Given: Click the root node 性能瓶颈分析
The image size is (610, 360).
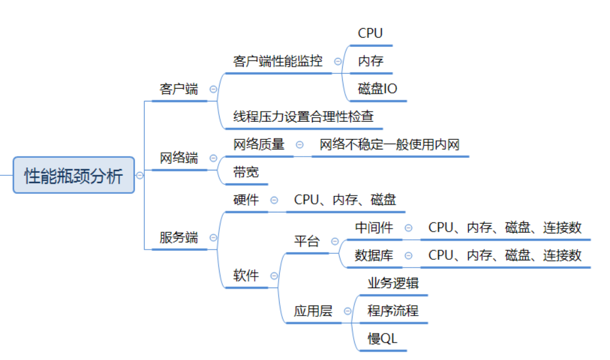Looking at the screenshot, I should click(73, 175).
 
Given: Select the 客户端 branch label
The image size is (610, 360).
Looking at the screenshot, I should click(178, 89).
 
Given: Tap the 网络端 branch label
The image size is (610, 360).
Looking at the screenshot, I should click(178, 158).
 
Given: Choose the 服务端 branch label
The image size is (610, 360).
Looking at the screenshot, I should click(178, 238).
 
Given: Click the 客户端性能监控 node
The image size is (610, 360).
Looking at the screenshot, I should click(278, 61).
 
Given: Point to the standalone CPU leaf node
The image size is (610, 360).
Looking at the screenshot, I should click(370, 34).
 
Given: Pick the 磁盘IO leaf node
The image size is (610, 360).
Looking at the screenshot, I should click(378, 89).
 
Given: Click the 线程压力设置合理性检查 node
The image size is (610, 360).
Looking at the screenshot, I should click(303, 116).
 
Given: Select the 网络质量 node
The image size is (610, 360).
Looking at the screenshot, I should click(259, 145).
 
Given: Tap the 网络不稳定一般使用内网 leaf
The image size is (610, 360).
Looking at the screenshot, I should click(390, 145).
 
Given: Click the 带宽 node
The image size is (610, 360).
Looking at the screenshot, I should click(246, 172).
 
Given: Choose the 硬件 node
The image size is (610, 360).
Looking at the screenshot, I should click(246, 200).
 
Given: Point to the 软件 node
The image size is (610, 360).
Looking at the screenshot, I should click(246, 275).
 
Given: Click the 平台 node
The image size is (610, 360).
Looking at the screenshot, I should click(307, 242).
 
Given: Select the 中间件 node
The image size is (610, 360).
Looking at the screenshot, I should click(374, 227).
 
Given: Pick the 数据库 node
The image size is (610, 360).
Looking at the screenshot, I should click(374, 255).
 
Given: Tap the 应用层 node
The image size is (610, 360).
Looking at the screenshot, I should click(313, 311).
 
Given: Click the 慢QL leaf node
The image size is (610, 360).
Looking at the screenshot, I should click(382, 338).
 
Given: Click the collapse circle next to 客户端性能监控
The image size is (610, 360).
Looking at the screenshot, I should click(338, 61).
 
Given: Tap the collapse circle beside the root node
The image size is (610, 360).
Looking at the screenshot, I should click(140, 175).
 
